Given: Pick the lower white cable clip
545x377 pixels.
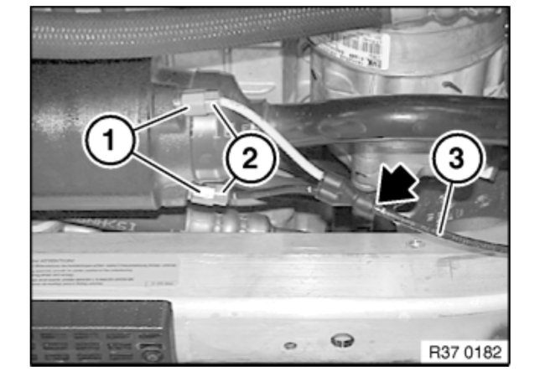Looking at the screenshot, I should tap(213, 199).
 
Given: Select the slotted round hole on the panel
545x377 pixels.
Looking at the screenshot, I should tap(341, 339).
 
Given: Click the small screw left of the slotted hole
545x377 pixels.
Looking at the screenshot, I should tap(288, 344).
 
